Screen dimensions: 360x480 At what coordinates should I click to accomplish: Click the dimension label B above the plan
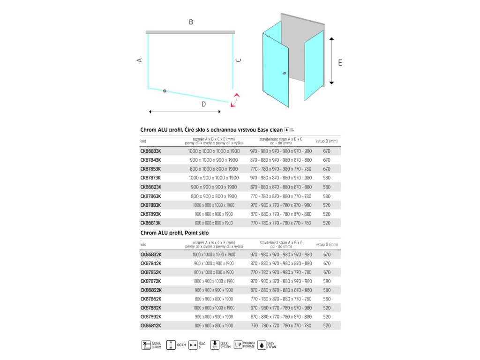[x=191, y=22]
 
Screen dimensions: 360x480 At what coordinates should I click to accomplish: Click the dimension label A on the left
[x=139, y=60]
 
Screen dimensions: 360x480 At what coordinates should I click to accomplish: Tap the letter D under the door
[x=203, y=105]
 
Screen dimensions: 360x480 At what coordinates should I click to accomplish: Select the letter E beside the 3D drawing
[x=340, y=62]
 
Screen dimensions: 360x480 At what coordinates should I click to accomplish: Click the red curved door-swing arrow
[x=235, y=100]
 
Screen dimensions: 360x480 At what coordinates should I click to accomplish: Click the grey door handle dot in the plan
[x=165, y=90]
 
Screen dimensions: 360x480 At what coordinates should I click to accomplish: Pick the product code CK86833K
[x=150, y=151]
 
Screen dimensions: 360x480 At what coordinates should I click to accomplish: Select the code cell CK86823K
[x=150, y=187]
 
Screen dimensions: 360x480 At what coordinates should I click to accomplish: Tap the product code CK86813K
[x=150, y=223]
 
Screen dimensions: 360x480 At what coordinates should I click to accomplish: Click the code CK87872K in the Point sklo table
[x=150, y=281]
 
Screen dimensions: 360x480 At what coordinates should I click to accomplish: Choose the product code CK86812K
[x=150, y=325]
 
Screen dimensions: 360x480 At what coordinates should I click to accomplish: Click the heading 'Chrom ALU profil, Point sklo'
[x=174, y=232]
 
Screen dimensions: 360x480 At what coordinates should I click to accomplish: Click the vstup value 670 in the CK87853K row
[x=327, y=169]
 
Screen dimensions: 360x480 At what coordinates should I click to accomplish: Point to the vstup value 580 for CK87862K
[x=327, y=299]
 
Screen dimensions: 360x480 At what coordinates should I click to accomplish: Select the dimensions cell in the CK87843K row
[x=213, y=160]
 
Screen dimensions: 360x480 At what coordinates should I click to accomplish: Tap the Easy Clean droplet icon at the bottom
[x=261, y=345]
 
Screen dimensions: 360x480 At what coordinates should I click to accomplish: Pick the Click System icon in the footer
[x=215, y=345]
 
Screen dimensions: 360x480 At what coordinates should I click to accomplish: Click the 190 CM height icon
[x=172, y=345]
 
